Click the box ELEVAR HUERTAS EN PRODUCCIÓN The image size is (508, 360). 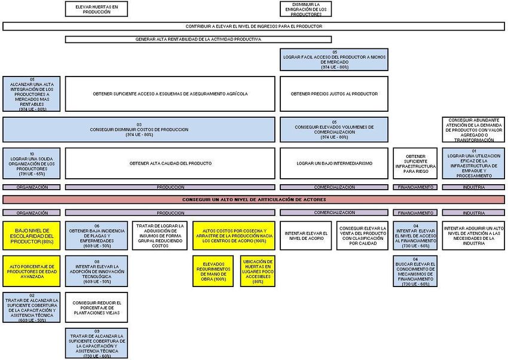(x=96, y=8)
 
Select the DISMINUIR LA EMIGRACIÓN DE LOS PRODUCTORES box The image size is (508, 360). (x=305, y=8)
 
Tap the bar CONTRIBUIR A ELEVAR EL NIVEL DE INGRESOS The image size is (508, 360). (x=253, y=26)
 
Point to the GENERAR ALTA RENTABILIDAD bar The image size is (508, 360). (x=198, y=39)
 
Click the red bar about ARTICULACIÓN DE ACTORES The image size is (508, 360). (x=253, y=199)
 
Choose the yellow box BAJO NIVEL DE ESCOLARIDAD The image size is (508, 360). (x=31, y=235)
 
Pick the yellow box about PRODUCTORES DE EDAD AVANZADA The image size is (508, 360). (x=31, y=270)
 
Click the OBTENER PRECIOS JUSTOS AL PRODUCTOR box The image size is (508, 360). (x=334, y=94)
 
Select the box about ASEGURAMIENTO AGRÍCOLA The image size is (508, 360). (x=170, y=94)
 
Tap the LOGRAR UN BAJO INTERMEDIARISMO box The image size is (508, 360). (x=334, y=163)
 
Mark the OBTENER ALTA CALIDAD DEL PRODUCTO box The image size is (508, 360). (x=170, y=163)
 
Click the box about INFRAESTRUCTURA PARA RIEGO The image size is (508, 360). (x=415, y=163)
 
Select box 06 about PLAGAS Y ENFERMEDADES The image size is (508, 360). (x=96, y=235)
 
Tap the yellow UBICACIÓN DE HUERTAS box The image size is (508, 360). (x=258, y=270)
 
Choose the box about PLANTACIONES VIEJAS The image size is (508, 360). (x=96, y=307)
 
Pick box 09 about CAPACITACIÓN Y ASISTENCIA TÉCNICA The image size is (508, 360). (x=96, y=343)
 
